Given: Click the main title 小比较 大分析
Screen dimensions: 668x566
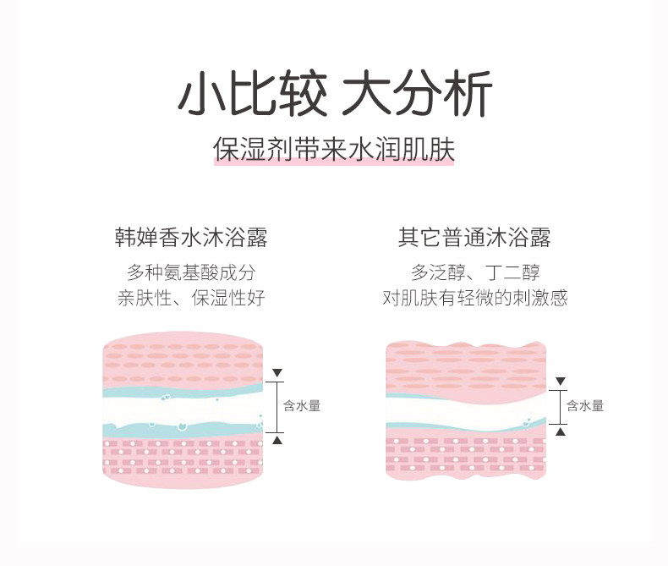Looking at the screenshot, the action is pos(336,93).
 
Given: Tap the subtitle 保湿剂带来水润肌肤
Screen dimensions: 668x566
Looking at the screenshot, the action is pos(334,149).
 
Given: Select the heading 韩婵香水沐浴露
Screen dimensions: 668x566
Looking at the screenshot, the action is pos(191,238).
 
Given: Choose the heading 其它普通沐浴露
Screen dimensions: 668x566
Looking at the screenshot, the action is pos(474,238).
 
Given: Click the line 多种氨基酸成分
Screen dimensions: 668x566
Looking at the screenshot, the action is pos(191,272).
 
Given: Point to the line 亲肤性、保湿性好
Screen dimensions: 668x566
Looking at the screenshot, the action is pos(191,298).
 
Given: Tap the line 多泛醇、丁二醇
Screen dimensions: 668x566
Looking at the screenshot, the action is pos(475,272).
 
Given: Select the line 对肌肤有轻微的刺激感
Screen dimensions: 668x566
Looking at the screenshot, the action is pos(475,298).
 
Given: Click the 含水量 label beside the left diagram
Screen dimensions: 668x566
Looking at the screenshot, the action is pos(302,405).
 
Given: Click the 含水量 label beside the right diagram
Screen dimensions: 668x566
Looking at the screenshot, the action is pos(585,405).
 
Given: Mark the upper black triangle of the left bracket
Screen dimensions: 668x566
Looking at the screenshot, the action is pos(277,373).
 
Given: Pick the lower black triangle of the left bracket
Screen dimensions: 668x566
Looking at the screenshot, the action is pos(277,439).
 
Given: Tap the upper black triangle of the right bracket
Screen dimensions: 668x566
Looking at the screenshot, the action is pos(561,382).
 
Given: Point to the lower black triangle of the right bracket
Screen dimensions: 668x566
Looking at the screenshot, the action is pos(561,431).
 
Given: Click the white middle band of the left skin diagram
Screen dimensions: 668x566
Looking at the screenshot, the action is pos(183,411).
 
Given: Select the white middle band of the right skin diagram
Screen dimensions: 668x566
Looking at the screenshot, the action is pos(466,411).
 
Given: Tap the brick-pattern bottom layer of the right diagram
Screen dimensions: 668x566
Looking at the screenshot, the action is pos(466,455).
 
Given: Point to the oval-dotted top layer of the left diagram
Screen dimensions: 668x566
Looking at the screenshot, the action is pos(183,360).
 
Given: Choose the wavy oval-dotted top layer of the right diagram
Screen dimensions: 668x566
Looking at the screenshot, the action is pos(466,366).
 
